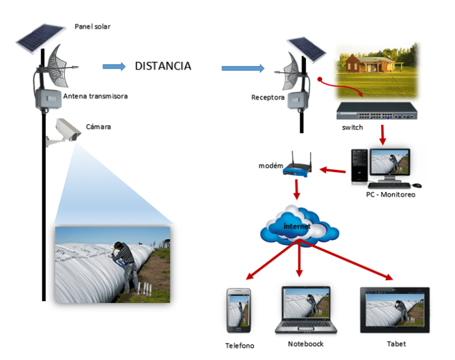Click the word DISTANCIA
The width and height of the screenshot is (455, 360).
pos(163,66)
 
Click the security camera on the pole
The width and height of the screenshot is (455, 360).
pos(65,130)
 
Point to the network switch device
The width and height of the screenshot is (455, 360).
pos(376,110)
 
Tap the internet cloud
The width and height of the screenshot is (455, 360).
pos(298,225)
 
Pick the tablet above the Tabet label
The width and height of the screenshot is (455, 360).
pos(394,309)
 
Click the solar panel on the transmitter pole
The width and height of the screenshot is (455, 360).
pos(41,38)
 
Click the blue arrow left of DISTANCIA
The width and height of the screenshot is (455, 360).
pos(113,66)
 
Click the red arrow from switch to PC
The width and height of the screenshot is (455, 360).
pos(383,135)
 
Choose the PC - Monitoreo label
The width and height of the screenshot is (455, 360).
pos(391,195)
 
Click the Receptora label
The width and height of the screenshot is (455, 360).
pos(268,97)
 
